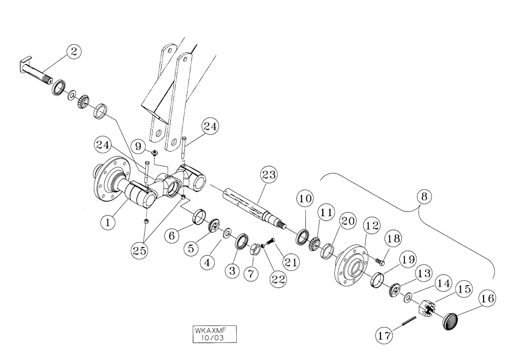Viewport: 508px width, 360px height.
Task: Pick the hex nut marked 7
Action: (255, 249)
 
